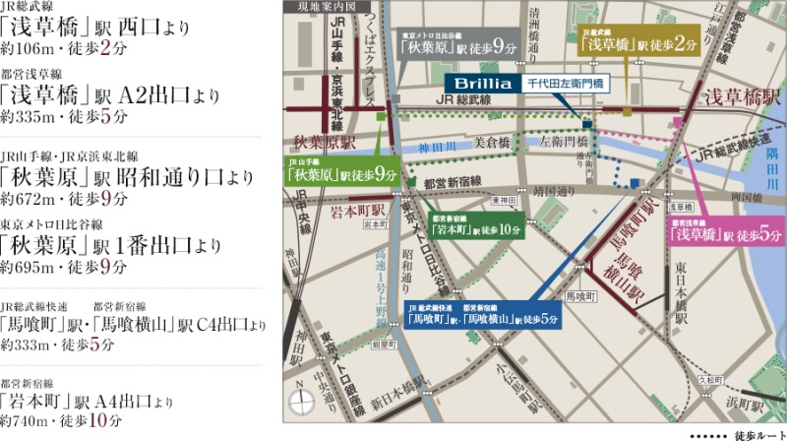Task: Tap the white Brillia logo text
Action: [481, 84]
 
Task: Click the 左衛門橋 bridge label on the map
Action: [560, 142]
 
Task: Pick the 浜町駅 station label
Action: [753, 404]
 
